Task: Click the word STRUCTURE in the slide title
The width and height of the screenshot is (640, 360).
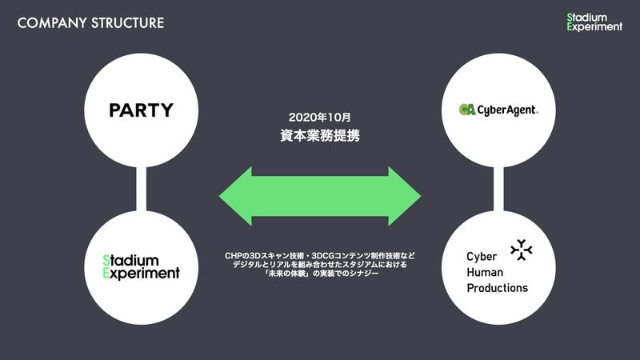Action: click(x=128, y=23)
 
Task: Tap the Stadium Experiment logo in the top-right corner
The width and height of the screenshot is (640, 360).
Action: click(x=594, y=22)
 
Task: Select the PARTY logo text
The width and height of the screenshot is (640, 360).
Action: click(x=142, y=110)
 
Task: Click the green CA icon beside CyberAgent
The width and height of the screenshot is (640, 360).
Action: click(x=467, y=110)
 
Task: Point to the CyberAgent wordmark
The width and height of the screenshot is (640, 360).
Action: click(x=507, y=110)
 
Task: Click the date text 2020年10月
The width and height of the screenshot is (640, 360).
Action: click(x=319, y=118)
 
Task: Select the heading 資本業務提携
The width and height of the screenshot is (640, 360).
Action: click(x=320, y=135)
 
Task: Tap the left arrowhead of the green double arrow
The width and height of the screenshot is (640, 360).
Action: click(x=235, y=196)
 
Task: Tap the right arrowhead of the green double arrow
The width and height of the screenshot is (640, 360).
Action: click(x=405, y=196)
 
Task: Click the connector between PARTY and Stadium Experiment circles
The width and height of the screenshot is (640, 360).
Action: click(x=142, y=189)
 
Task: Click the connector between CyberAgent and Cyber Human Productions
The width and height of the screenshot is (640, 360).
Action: click(x=498, y=189)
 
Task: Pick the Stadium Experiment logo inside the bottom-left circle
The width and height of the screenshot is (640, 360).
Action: click(x=141, y=267)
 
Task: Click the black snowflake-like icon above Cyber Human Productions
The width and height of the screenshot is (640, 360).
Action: click(x=522, y=250)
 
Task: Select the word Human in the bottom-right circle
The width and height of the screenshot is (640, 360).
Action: click(x=485, y=272)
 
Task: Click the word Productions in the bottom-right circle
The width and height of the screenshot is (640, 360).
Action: click(x=497, y=288)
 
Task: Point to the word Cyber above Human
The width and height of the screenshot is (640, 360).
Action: click(x=482, y=256)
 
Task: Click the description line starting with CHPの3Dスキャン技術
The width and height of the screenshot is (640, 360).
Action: click(x=319, y=256)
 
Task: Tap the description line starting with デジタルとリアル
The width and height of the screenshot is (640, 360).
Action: click(x=319, y=265)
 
